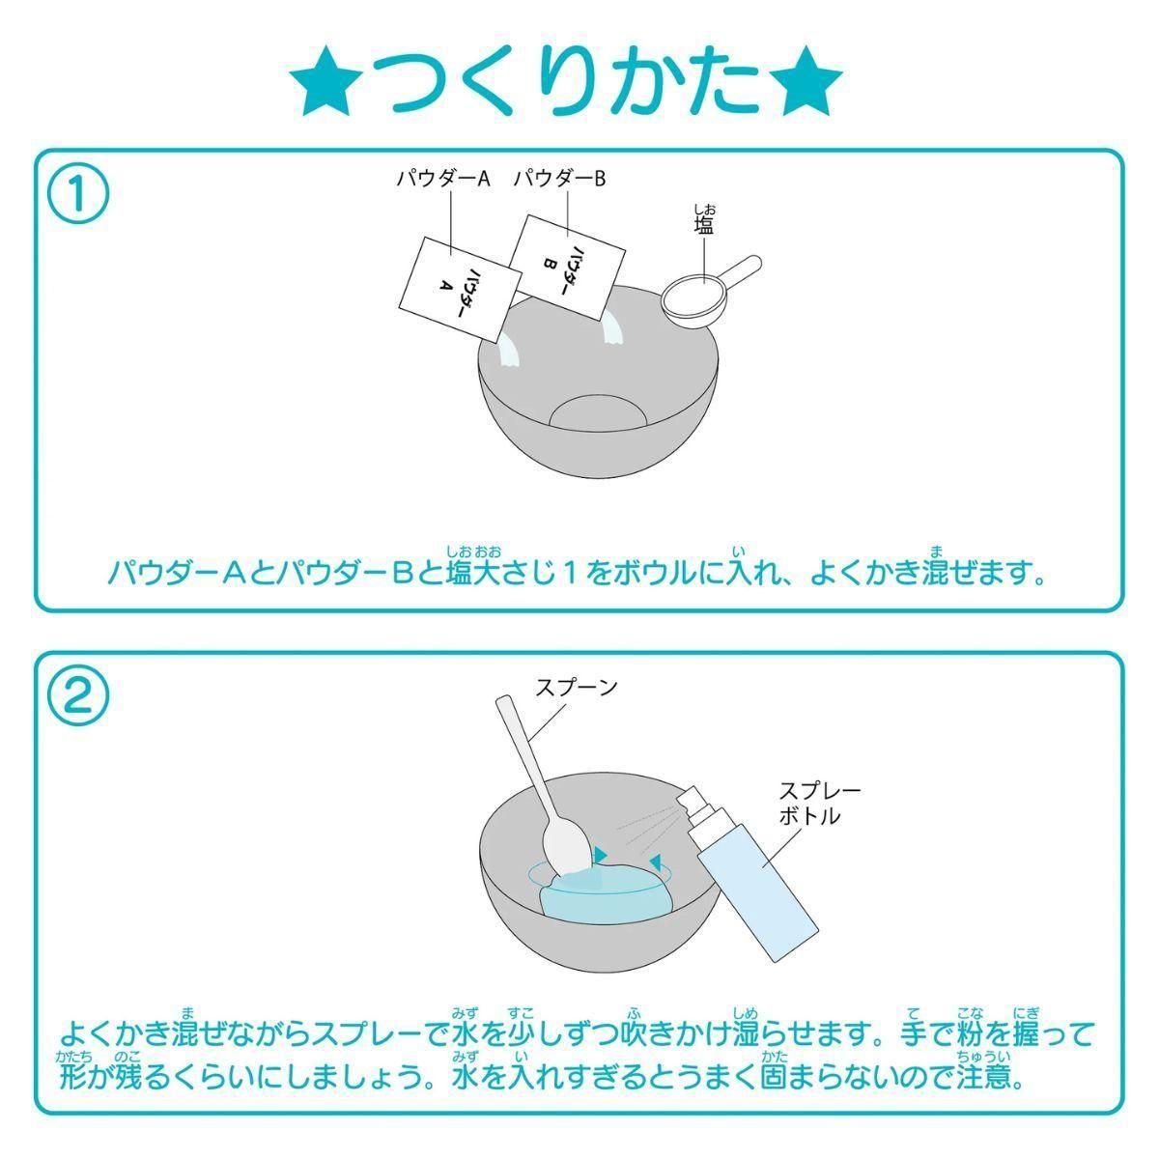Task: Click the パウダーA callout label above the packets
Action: click(x=443, y=179)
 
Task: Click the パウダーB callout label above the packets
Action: click(x=560, y=179)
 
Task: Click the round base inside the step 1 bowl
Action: click(x=597, y=412)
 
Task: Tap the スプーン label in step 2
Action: click(x=577, y=687)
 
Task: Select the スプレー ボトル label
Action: click(x=820, y=803)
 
